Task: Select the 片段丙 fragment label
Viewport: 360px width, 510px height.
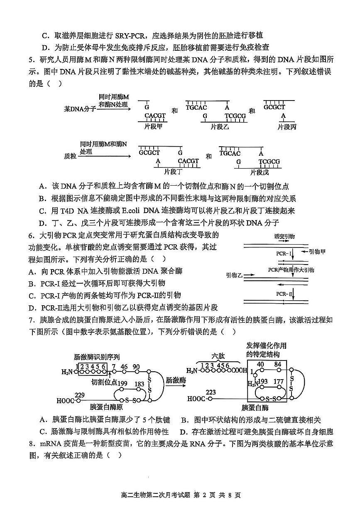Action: tap(287, 126)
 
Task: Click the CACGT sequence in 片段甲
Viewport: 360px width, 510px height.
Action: tap(155, 116)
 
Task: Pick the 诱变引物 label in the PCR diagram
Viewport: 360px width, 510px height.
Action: tap(284, 236)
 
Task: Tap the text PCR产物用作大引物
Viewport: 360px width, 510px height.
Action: tap(291, 270)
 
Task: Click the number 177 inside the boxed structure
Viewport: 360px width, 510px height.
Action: tap(279, 382)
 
